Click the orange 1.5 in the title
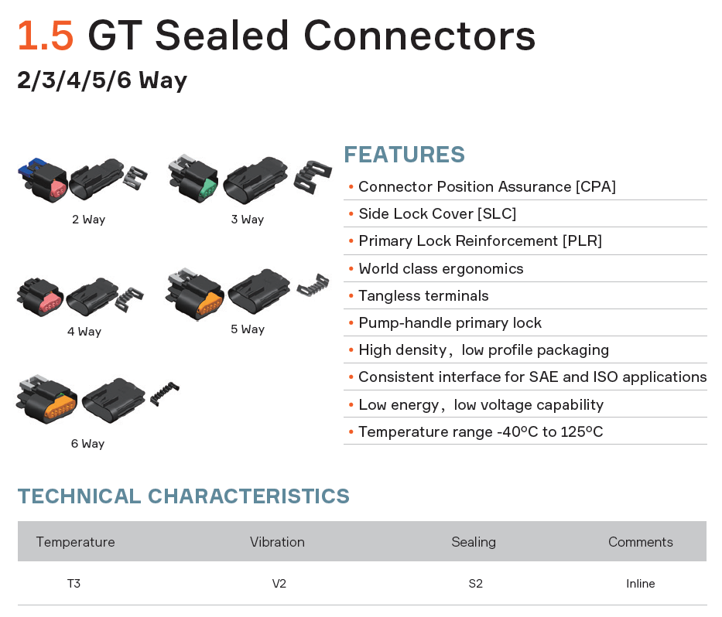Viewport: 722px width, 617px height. click(45, 36)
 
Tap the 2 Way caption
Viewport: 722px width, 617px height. click(88, 220)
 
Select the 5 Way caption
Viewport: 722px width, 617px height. click(248, 329)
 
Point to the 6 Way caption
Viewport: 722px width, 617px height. click(87, 444)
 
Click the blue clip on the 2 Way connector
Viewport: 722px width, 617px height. click(31, 168)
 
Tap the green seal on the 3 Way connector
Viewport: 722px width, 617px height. click(209, 188)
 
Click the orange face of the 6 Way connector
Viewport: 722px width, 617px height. click(60, 408)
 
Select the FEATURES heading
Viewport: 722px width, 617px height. click(404, 155)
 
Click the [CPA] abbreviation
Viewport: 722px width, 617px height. click(595, 187)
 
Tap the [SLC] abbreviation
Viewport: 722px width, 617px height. click(496, 214)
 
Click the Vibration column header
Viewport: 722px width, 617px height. click(277, 542)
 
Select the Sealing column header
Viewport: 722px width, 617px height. click(474, 542)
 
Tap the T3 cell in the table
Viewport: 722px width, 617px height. click(74, 584)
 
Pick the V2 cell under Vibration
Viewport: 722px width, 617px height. click(279, 584)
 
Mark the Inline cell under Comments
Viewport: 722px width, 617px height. click(641, 584)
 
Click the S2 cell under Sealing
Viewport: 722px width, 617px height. click(476, 584)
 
